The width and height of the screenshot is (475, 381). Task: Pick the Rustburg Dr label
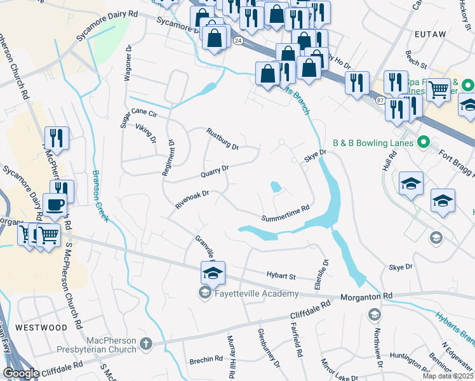click(222, 138)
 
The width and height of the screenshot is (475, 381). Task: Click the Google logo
click(21, 373)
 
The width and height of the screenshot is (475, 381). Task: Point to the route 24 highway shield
click(237, 39)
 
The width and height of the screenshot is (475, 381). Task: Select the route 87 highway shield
click(380, 101)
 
